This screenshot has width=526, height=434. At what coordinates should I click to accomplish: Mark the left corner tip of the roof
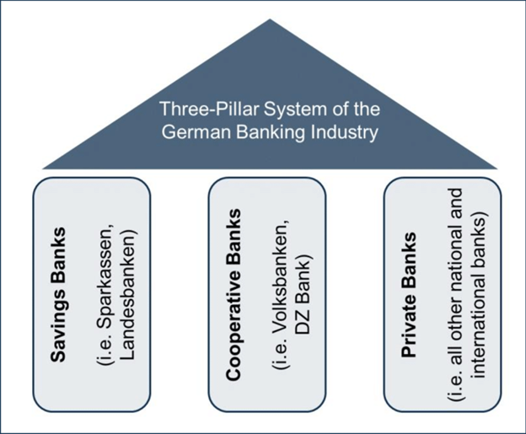(42, 168)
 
